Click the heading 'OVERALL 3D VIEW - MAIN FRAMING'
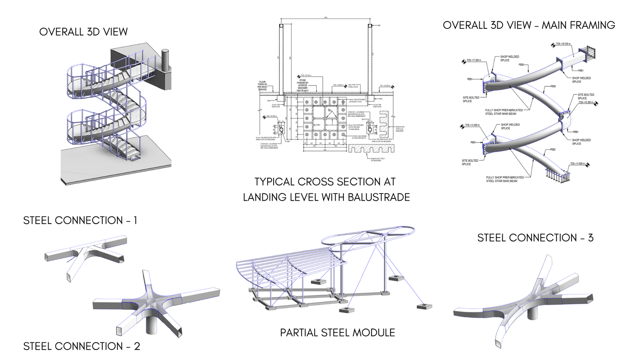(529, 25)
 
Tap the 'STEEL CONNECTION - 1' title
(80, 220)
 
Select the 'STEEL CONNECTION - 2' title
(81, 346)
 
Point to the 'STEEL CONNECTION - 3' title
(535, 238)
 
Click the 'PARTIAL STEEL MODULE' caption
(337, 333)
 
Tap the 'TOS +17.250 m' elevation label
(474, 60)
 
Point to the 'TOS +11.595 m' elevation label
(578, 164)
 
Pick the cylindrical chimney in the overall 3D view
(165, 59)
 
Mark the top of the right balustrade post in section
(370, 26)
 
